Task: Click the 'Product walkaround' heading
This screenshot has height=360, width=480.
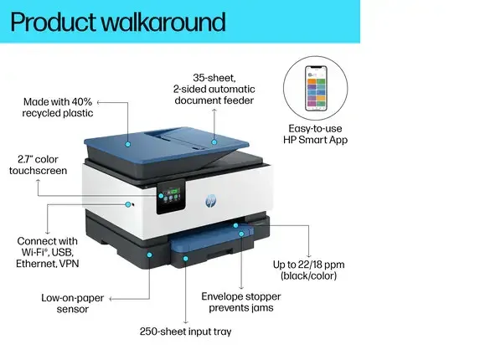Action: click(118, 22)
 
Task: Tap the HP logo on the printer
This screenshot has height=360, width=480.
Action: click(210, 201)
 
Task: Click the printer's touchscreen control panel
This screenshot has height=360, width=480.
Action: click(171, 197)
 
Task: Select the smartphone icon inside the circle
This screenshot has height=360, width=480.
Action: click(316, 88)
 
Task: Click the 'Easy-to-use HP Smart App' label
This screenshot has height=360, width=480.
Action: click(315, 134)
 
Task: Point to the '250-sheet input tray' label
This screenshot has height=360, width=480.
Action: click(185, 332)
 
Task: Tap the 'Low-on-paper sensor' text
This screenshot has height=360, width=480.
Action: click(73, 303)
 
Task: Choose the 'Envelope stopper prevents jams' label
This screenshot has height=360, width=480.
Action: click(241, 302)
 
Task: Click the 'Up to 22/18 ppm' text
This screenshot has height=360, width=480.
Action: click(308, 265)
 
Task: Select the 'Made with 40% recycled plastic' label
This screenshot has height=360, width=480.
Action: click(58, 107)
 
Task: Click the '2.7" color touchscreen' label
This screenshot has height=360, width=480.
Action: click(38, 165)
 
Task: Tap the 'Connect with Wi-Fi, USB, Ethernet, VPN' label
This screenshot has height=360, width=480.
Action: click(48, 252)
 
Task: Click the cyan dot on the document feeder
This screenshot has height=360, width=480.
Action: click(214, 142)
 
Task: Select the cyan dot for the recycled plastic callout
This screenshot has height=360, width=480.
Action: click(128, 144)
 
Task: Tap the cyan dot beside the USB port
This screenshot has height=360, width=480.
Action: click(128, 204)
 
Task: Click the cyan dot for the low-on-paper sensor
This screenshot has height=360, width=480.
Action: click(149, 255)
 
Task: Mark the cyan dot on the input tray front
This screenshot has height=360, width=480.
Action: click(185, 259)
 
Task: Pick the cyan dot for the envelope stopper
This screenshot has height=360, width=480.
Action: click(241, 234)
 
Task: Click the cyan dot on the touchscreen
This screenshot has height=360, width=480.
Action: click(161, 196)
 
